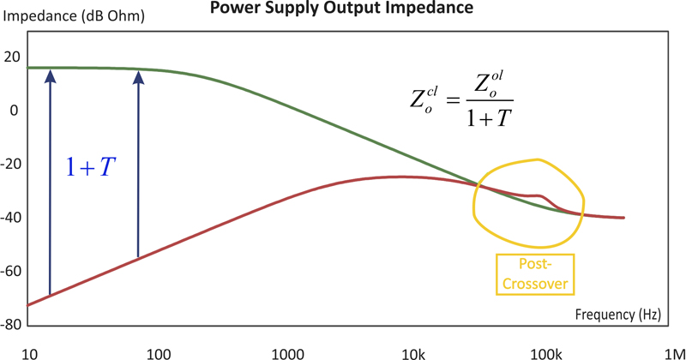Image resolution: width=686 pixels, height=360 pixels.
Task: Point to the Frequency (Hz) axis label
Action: (x=618, y=315)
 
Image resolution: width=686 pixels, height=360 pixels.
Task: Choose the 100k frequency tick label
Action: (x=544, y=352)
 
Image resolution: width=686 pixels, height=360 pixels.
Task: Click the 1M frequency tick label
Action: (x=673, y=352)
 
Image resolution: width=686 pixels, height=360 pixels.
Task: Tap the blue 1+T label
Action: (x=93, y=168)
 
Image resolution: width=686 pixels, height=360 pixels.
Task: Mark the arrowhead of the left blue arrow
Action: (x=50, y=77)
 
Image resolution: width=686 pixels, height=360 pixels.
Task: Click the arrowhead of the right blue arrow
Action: (x=138, y=77)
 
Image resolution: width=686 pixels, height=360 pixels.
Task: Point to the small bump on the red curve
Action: (x=537, y=196)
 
